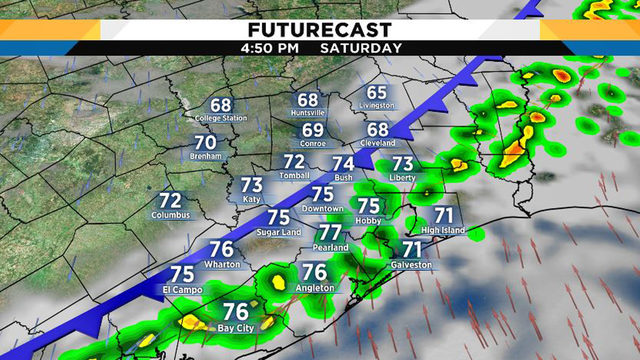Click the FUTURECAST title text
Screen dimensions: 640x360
point(319,27)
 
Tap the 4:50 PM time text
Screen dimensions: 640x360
point(270,47)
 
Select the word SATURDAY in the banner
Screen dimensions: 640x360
point(361,47)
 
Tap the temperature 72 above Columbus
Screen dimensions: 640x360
point(170,201)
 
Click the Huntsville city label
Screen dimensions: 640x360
point(308,114)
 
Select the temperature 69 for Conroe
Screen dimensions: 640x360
point(313,130)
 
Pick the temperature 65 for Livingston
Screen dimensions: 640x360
point(376,92)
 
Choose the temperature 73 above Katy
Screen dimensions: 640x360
point(252,184)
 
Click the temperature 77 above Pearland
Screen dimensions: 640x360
point(330,232)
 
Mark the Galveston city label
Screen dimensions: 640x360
point(411,265)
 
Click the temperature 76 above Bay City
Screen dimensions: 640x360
point(236,312)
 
